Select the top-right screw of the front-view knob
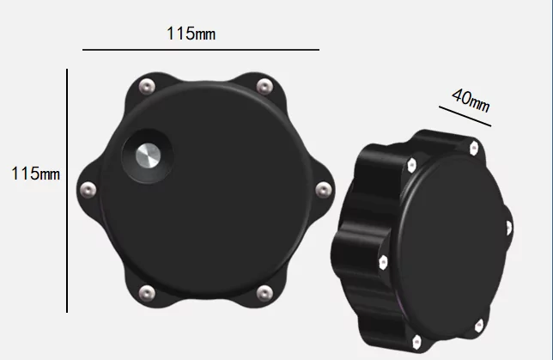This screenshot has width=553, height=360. [264, 84]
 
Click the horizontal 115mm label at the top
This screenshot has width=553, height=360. [191, 34]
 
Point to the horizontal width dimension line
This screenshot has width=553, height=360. [201, 50]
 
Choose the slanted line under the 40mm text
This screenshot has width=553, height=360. [463, 116]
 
